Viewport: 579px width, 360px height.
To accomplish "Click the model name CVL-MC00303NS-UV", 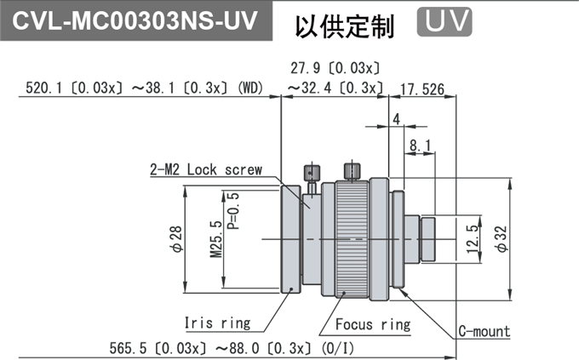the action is point(135,20).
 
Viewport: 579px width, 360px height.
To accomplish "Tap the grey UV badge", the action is point(444,22).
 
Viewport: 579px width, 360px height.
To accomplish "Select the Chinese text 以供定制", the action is point(345,26).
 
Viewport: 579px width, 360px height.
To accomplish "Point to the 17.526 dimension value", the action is point(423,89).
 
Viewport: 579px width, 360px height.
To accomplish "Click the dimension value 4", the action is point(397,119).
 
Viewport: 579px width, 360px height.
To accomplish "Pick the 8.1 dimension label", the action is point(421,146).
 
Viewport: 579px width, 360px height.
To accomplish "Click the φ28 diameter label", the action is point(176,239).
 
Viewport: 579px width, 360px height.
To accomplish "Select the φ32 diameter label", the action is point(502,239).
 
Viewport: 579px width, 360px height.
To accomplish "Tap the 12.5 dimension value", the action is point(473,239).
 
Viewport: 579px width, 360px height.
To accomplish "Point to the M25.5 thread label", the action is point(216,239).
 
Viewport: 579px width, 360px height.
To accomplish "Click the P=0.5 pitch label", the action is point(233,211).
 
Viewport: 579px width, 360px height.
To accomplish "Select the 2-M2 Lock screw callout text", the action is point(206,169).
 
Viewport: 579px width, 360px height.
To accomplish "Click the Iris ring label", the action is point(217,323).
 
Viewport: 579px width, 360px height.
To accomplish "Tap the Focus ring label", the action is point(373,324).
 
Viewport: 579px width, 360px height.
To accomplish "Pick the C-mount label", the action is point(484,331).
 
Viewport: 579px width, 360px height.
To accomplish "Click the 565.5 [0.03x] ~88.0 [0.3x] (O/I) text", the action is point(232,348).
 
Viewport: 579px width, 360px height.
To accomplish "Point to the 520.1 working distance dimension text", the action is point(145,88).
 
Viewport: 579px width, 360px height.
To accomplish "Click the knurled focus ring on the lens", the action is point(352,239).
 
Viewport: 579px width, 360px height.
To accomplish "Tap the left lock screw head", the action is point(312,173).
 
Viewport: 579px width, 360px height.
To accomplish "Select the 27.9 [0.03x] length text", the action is point(335,68).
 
